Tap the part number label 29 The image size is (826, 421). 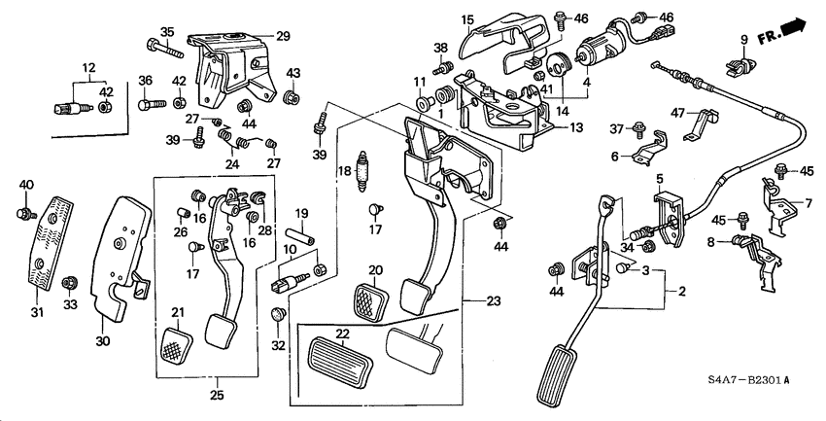(x=283, y=36)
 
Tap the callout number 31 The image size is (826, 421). (x=38, y=311)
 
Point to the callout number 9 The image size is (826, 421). (x=743, y=41)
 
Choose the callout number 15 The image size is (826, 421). (x=466, y=18)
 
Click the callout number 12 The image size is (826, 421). (x=89, y=66)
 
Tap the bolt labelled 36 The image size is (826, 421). (x=148, y=100)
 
